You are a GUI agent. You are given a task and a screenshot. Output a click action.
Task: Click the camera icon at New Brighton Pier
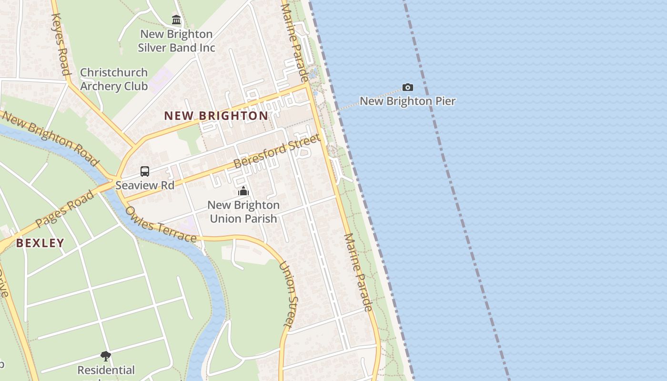407,87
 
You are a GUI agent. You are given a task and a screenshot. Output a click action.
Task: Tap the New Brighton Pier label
407,101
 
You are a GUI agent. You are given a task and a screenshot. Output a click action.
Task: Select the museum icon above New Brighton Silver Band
176,20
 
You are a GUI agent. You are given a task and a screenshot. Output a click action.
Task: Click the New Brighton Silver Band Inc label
176,41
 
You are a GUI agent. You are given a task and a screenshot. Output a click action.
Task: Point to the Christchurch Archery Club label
114,79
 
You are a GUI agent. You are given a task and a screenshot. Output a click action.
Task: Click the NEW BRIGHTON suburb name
216,116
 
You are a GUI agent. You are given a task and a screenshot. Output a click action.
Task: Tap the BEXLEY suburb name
40,243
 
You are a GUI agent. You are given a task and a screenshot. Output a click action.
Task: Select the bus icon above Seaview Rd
145,171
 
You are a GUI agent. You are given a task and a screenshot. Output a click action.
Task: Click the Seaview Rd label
145,185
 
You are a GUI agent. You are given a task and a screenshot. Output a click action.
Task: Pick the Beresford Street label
277,151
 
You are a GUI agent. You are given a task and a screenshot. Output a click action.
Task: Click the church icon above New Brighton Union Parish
243,191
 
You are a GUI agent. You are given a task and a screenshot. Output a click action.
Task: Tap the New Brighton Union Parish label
243,212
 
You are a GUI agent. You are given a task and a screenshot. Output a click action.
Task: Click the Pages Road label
65,208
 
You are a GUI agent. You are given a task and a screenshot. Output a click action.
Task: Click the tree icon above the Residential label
106,356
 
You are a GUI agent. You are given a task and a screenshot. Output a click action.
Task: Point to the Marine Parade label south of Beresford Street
357,272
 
